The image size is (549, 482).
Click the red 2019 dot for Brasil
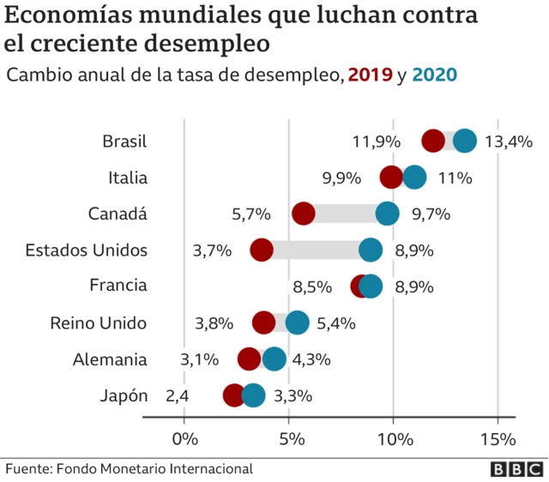(434, 142)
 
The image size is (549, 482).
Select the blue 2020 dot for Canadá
(387, 214)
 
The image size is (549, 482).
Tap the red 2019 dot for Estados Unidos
(262, 250)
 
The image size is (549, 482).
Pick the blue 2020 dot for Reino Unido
(297, 323)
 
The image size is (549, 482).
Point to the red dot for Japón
(233, 395)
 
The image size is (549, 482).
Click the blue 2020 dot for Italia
(414, 178)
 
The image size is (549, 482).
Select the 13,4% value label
(509, 142)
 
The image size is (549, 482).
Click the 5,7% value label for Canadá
(250, 214)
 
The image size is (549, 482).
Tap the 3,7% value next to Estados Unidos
(212, 250)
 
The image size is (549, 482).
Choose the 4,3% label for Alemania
(311, 359)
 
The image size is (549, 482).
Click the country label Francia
(118, 286)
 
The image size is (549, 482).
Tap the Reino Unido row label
(99, 323)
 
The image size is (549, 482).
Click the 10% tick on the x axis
(394, 439)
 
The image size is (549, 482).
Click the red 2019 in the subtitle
(370, 75)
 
